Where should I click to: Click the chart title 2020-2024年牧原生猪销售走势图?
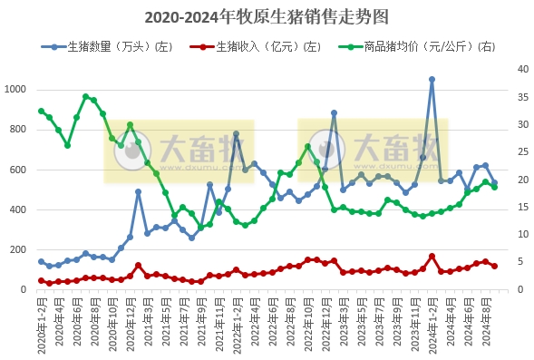(266, 16)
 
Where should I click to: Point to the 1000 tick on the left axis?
(17, 89)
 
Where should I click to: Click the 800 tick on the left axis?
(20, 129)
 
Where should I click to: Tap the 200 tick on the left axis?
(20, 249)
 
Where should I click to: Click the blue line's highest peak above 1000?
(432, 79)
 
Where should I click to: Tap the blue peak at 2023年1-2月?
(334, 113)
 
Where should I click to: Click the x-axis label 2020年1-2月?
(41, 324)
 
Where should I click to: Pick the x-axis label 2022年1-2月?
(236, 324)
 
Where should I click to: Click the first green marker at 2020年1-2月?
(41, 112)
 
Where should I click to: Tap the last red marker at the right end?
(494, 267)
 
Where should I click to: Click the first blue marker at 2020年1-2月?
(41, 261)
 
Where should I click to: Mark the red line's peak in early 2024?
(432, 256)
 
